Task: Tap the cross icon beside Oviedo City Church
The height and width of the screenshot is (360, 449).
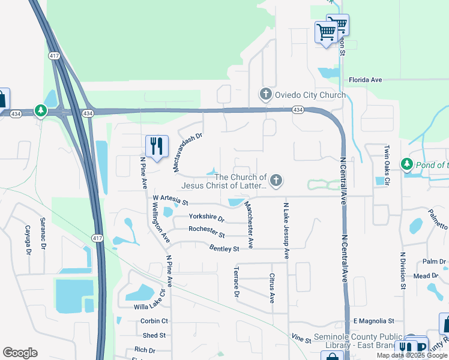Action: click(x=265, y=94)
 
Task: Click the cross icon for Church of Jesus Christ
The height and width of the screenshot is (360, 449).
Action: click(x=276, y=179)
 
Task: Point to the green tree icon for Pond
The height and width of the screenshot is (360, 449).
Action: click(x=407, y=164)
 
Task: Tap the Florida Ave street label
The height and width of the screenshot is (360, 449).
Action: click(x=366, y=80)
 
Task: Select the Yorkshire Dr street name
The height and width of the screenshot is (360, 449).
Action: click(x=206, y=217)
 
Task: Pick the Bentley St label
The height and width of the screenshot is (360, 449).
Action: click(x=224, y=248)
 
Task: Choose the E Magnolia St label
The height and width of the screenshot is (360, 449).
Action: click(x=373, y=321)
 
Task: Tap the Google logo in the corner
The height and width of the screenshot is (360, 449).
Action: click(x=20, y=353)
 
